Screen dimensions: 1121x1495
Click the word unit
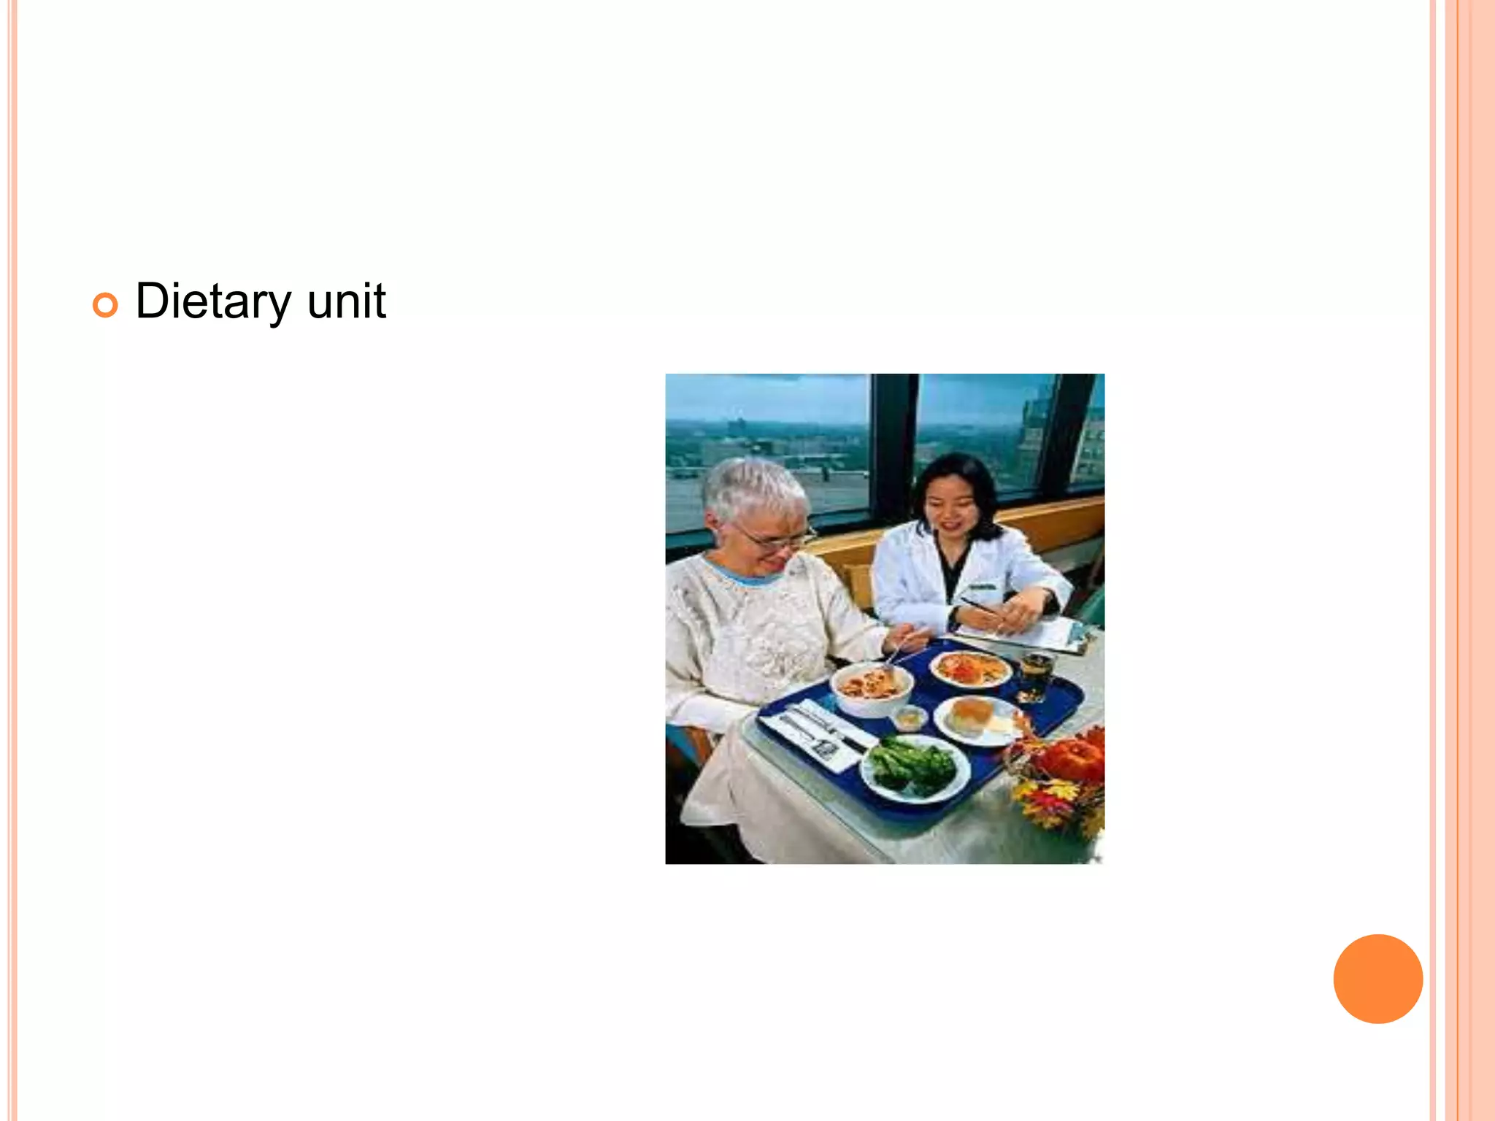pos(346,301)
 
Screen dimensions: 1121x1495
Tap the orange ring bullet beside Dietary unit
pos(105,305)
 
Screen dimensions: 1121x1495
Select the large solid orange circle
pos(1377,979)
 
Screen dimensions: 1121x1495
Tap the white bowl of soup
pos(871,688)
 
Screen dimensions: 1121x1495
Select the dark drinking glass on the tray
pos(1036,675)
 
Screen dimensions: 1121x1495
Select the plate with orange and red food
pos(970,669)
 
